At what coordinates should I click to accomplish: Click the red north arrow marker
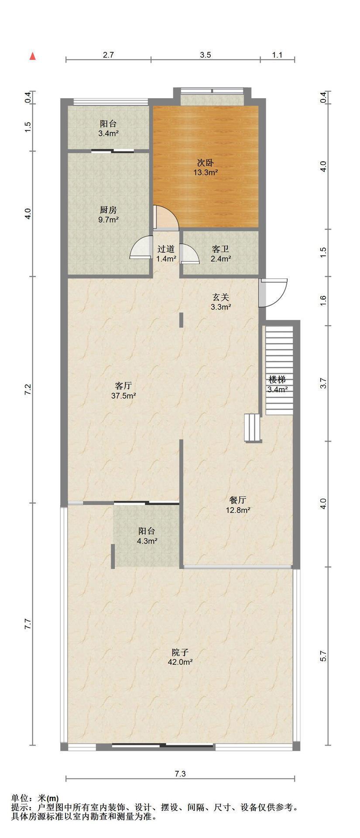[x=32, y=56]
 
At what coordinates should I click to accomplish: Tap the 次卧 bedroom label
[x=206, y=163]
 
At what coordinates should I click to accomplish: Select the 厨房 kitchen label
[x=108, y=210]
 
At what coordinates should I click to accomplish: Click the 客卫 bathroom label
[x=220, y=249]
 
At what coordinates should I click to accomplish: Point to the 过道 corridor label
[x=166, y=249]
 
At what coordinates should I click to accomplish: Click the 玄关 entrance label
[x=221, y=297]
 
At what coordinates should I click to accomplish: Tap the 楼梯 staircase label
[x=277, y=380]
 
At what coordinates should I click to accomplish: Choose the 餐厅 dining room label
[x=238, y=500]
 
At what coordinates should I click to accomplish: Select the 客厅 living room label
[x=123, y=386]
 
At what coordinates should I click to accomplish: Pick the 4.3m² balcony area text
[x=147, y=541]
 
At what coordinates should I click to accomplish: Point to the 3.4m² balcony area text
[x=109, y=134]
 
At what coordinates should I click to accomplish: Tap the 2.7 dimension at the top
[x=108, y=55]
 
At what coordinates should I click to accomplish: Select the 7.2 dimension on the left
[x=28, y=390]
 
